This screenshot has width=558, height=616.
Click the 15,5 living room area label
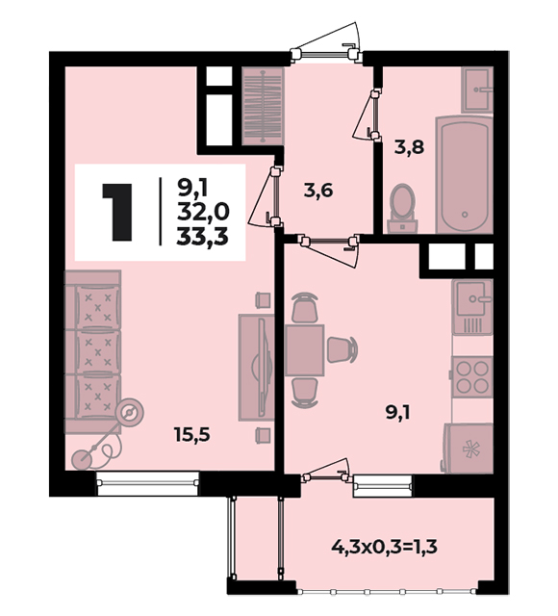pyautogui.click(x=192, y=435)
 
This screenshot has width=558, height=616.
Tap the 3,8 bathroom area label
pyautogui.click(x=409, y=147)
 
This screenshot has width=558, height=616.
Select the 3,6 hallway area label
pyautogui.click(x=318, y=191)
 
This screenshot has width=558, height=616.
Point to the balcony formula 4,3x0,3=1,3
pyautogui.click(x=384, y=547)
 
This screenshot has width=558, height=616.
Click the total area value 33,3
pyautogui.click(x=202, y=237)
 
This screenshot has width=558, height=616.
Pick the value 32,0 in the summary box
pyautogui.click(x=203, y=213)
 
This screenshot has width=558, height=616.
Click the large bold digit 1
pyautogui.click(x=116, y=212)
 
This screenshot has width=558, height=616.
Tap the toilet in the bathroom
pyautogui.click(x=402, y=208)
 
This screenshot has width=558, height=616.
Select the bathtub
pyautogui.click(x=464, y=174)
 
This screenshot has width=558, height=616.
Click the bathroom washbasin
pyautogui.click(x=477, y=90)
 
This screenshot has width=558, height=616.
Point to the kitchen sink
pyautogui.click(x=472, y=306)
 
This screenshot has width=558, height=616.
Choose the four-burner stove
pyautogui.click(x=472, y=376)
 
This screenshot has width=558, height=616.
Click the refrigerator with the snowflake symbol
pyautogui.click(x=469, y=448)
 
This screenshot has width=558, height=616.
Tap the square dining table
pyautogui.click(x=305, y=350)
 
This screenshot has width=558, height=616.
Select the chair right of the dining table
pyautogui.click(x=342, y=349)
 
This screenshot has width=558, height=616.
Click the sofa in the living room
pyautogui.click(x=92, y=351)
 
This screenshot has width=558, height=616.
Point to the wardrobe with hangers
pyautogui.click(x=263, y=106)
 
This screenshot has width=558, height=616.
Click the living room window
pyautogui.click(x=148, y=483)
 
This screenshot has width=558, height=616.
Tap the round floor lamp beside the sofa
pyautogui.click(x=130, y=413)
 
